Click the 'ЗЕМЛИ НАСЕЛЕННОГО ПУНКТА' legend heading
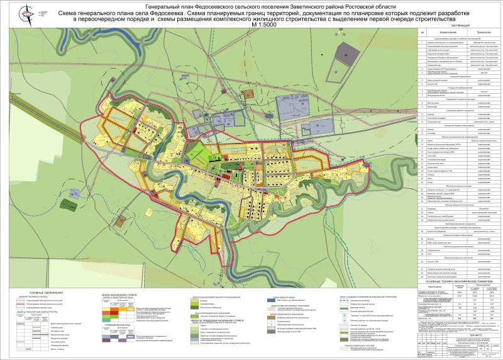pyautogui.click(x=120, y=294)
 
